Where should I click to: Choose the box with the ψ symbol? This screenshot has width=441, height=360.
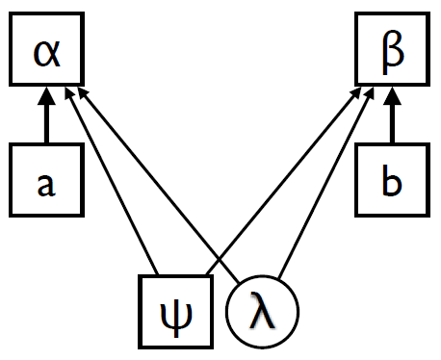177,313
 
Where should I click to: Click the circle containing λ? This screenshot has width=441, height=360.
262,314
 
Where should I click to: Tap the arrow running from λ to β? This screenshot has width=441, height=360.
327,183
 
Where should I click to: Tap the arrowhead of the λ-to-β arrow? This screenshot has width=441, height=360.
376,92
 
